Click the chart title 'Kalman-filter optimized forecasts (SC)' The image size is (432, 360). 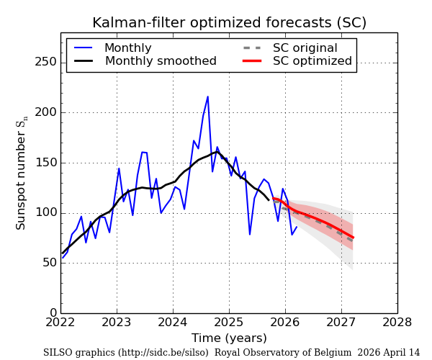229,23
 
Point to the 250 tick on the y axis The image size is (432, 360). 47,62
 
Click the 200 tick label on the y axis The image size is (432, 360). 47,112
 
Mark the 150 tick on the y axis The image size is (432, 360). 47,163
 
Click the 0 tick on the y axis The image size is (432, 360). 53,313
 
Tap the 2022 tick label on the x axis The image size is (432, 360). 61,323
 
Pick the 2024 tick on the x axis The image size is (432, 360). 173,323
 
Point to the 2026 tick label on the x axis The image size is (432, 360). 285,323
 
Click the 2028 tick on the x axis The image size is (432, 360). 397,323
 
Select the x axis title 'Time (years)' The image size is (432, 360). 229,338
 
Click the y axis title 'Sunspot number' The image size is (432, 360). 22,173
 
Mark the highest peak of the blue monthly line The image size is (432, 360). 208,96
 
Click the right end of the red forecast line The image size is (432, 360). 353,238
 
